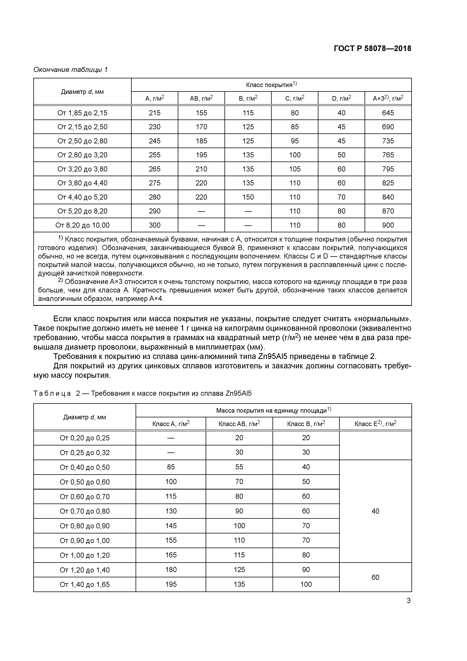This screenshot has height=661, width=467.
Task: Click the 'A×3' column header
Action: tap(388, 99)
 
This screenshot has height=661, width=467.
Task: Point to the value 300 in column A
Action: tap(155, 225)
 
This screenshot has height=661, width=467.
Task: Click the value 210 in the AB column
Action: tap(201, 169)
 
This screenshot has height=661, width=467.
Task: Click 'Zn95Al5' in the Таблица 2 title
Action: tap(239, 393)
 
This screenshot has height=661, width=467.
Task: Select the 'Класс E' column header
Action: tap(375, 424)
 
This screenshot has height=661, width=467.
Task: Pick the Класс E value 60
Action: tap(375, 577)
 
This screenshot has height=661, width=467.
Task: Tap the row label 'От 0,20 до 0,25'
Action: tap(85, 438)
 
